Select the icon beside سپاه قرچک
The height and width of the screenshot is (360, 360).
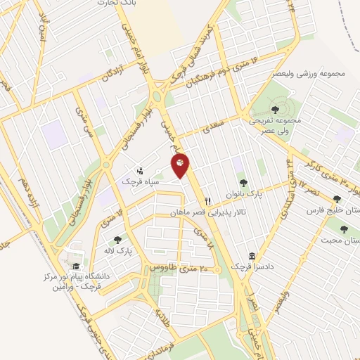141,170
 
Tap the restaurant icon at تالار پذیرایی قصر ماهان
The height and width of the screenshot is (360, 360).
207,201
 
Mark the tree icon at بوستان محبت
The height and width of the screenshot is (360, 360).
344,229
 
